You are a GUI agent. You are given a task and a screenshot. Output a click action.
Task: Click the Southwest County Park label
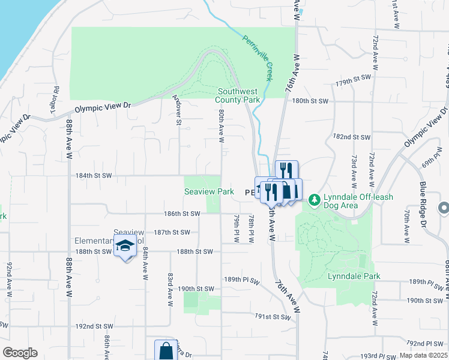click(x=238, y=95)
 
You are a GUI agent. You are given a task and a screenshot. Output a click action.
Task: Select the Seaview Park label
click(x=208, y=192)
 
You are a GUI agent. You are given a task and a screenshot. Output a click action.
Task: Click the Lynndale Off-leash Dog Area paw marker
click(x=313, y=200)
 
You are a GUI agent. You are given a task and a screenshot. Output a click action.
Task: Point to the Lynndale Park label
click(x=354, y=276)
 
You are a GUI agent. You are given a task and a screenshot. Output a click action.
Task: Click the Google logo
click(x=20, y=353)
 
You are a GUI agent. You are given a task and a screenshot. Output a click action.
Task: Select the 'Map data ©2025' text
click(x=422, y=355)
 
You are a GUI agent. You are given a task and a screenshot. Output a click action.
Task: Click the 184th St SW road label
click(x=94, y=176)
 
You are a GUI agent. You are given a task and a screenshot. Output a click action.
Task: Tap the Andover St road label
click(x=178, y=110)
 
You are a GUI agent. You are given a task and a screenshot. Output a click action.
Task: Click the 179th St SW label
click(x=354, y=80)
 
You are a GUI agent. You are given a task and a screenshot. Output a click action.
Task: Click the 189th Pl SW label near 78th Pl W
click(x=243, y=280)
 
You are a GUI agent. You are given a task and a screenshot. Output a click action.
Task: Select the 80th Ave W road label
click(x=221, y=126)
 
